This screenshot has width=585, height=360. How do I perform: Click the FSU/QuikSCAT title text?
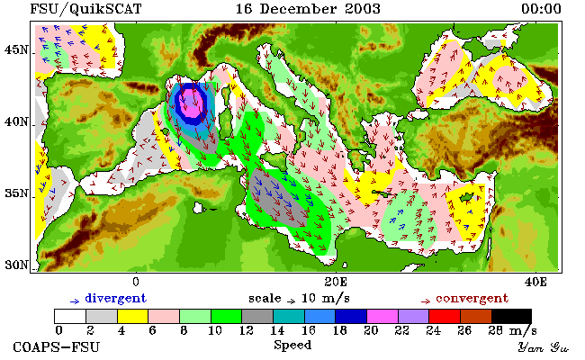(85, 9)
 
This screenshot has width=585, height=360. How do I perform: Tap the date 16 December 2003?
(308, 9)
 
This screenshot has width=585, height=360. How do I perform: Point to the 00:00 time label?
(541, 9)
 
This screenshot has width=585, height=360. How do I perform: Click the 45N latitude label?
(16, 49)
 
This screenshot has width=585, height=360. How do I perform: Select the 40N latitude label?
(16, 121)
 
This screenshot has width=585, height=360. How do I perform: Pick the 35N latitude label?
(16, 193)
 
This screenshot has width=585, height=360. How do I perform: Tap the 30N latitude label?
(16, 265)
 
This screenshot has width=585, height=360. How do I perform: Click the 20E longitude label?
(336, 282)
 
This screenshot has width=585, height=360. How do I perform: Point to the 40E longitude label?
(535, 282)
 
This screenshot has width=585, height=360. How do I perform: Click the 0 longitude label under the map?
(136, 282)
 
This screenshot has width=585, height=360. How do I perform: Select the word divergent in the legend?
(116, 299)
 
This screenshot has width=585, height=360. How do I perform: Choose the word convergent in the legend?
(472, 299)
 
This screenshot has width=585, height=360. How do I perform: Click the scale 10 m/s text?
(299, 299)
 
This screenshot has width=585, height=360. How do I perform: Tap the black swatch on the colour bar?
(512, 316)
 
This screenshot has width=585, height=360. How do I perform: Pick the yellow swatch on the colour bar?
(133, 316)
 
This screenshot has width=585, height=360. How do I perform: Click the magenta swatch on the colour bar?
(382, 316)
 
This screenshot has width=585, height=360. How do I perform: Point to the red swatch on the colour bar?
(445, 316)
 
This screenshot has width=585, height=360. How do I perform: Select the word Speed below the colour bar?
(292, 345)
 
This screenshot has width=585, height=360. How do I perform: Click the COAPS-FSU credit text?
(57, 346)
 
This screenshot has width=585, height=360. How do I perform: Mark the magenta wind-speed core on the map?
(192, 103)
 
